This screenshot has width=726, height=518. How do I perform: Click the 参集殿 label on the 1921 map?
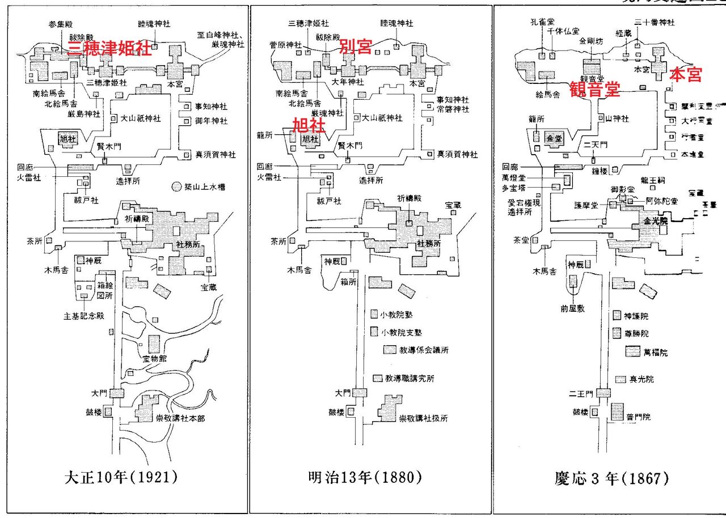[x=61, y=26]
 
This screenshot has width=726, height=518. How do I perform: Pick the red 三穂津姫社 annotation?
[x=109, y=48]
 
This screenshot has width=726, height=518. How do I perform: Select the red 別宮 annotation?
[x=356, y=46]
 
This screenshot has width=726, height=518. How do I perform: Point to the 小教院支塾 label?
[x=402, y=332]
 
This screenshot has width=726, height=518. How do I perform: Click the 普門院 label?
[x=639, y=417]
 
